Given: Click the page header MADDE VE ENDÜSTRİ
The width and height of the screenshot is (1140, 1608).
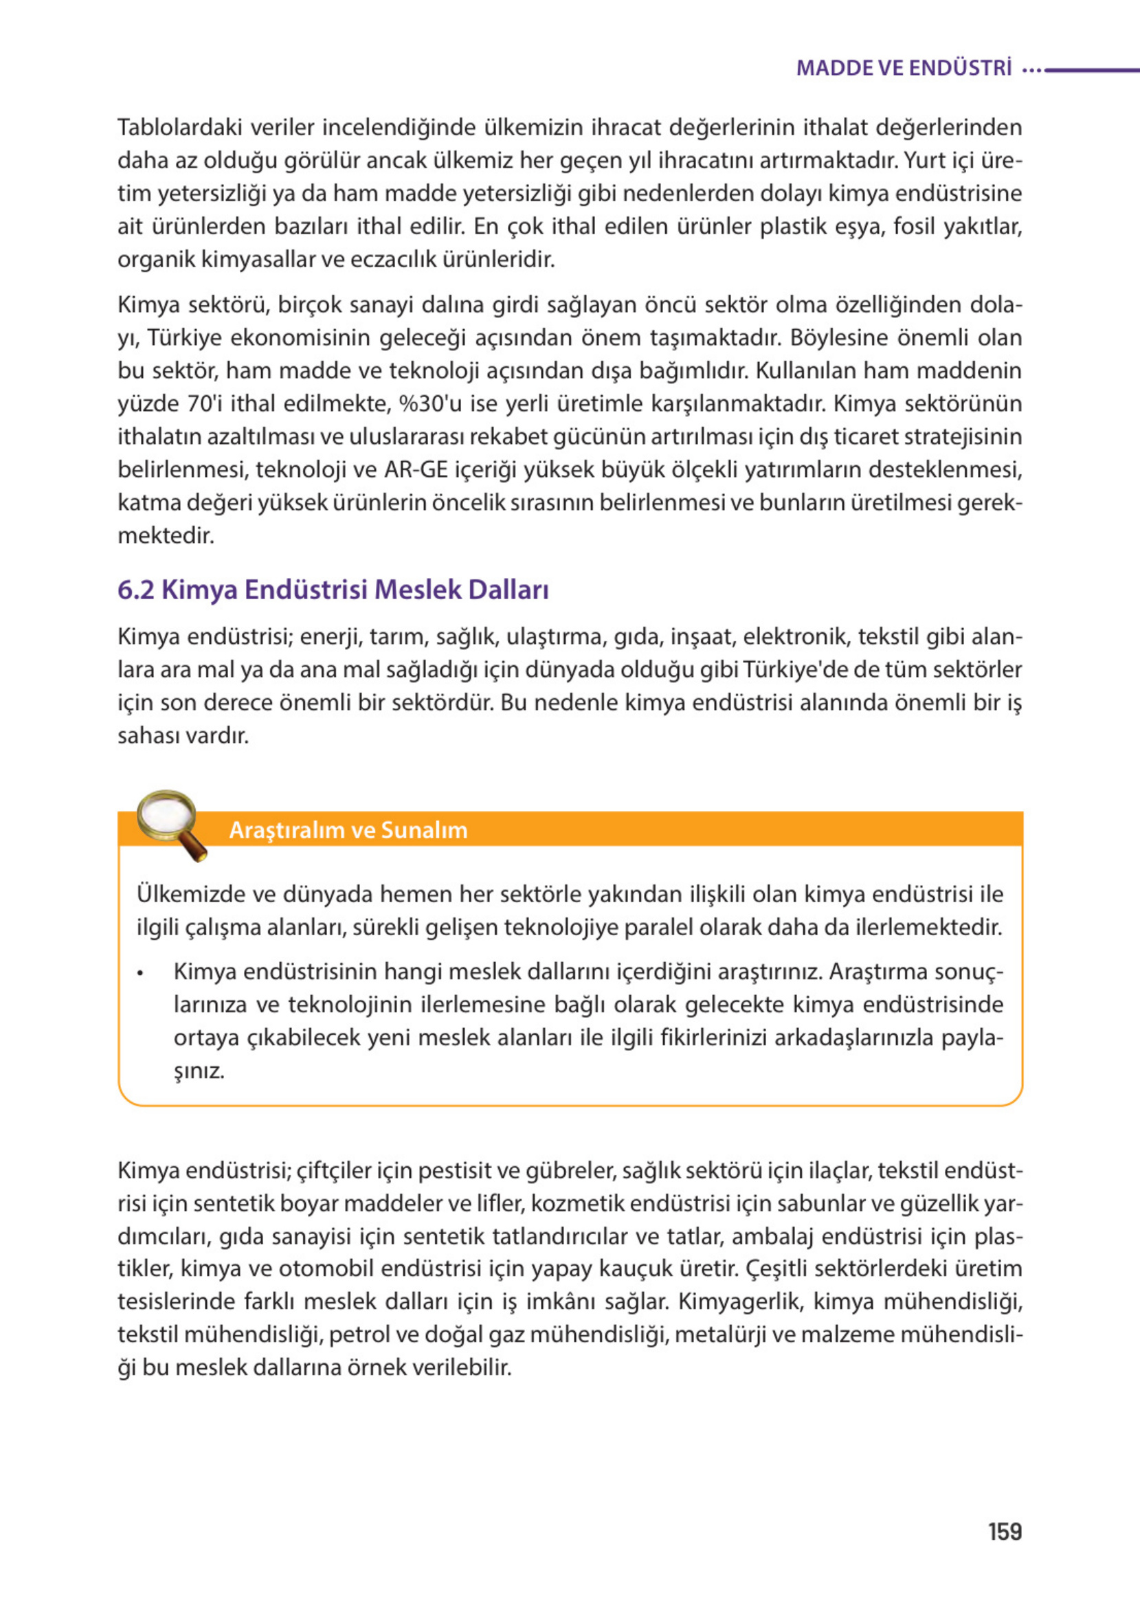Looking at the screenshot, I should (x=904, y=68).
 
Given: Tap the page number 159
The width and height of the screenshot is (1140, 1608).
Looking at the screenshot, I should (x=1005, y=1531).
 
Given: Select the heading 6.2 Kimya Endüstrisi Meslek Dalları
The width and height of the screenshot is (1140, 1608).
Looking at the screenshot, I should (x=333, y=590).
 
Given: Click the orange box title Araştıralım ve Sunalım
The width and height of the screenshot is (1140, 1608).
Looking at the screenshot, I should (x=348, y=829).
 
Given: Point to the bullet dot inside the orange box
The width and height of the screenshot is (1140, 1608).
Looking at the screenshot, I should (x=141, y=974).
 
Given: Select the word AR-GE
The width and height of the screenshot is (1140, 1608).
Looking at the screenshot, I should (x=416, y=469).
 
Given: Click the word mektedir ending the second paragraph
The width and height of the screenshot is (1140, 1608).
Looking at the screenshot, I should (x=166, y=535).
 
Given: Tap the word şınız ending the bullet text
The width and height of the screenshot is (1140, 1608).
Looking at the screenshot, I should (x=199, y=1072).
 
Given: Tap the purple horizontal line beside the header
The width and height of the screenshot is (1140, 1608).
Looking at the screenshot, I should (x=1092, y=69).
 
